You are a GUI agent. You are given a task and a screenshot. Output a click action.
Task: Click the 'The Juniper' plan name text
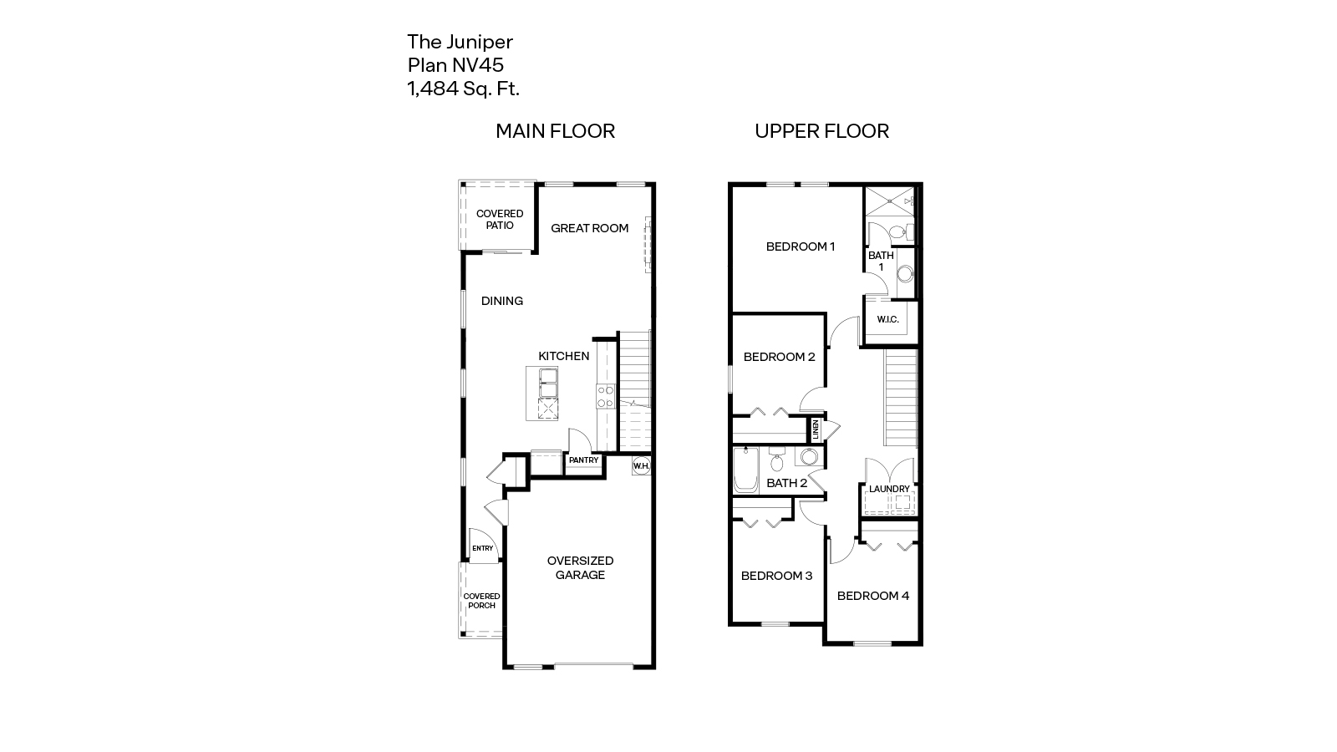pos(460,42)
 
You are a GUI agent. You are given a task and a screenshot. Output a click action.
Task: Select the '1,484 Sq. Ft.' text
pos(463,89)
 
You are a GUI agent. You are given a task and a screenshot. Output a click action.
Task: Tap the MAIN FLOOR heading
pos(555,131)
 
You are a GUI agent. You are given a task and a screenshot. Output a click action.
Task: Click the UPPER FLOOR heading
pos(821,131)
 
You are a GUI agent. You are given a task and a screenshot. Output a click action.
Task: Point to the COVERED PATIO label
pos(500,220)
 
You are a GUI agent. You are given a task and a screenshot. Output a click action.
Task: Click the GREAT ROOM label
pos(589,228)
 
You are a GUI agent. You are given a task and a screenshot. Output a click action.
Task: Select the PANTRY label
pos(583,460)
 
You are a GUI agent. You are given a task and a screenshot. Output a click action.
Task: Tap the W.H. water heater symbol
pos(641,466)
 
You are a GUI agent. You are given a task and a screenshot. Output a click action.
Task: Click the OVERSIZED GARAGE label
pos(580,567)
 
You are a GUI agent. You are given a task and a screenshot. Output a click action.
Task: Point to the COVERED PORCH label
pos(481,601)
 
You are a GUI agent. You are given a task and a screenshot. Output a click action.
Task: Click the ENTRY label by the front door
pos(482,548)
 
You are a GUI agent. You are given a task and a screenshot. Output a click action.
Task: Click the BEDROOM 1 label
pos(801,246)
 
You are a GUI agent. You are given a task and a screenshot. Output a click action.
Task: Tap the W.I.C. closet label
pos(887,319)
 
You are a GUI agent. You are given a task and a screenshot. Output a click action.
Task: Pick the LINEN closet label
pos(815,430)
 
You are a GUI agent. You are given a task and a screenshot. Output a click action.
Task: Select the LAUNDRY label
pos(889,489)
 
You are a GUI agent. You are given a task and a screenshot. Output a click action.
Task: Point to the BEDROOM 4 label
pos(873,596)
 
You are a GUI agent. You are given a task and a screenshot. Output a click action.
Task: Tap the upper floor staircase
pos(901,397)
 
